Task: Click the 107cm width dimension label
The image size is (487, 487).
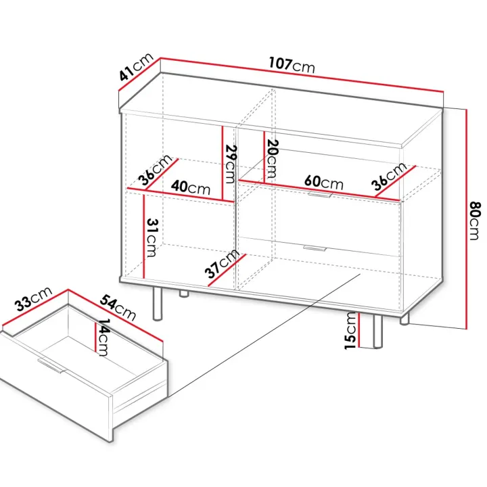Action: pyautogui.click(x=292, y=65)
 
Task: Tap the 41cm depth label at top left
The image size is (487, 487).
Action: pyautogui.click(x=136, y=67)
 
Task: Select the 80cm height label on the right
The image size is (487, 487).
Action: pyautogui.click(x=475, y=221)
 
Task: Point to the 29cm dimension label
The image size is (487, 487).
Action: pyautogui.click(x=230, y=164)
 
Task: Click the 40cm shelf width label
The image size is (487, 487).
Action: pyautogui.click(x=191, y=187)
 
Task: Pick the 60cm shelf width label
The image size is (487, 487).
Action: pyautogui.click(x=323, y=182)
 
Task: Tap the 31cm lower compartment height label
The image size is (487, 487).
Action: pyautogui.click(x=152, y=238)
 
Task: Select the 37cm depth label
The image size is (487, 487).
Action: pyautogui.click(x=222, y=263)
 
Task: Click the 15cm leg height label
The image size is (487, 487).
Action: pyautogui.click(x=350, y=331)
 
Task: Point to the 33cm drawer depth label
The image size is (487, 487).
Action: pyautogui.click(x=34, y=299)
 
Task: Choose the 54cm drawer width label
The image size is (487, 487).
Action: pyautogui.click(x=118, y=308)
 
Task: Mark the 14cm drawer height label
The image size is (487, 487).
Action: pyautogui.click(x=103, y=337)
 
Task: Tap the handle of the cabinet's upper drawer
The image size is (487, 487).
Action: pyautogui.click(x=320, y=195)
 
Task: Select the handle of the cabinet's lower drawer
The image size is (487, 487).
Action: pyautogui.click(x=315, y=248)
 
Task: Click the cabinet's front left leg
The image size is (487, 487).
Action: pyautogui.click(x=158, y=304)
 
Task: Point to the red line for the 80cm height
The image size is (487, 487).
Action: pyautogui.click(x=466, y=219)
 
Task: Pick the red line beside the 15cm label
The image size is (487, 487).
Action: pyautogui.click(x=358, y=329)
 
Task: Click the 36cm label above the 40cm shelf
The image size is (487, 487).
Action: pyautogui.click(x=155, y=170)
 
